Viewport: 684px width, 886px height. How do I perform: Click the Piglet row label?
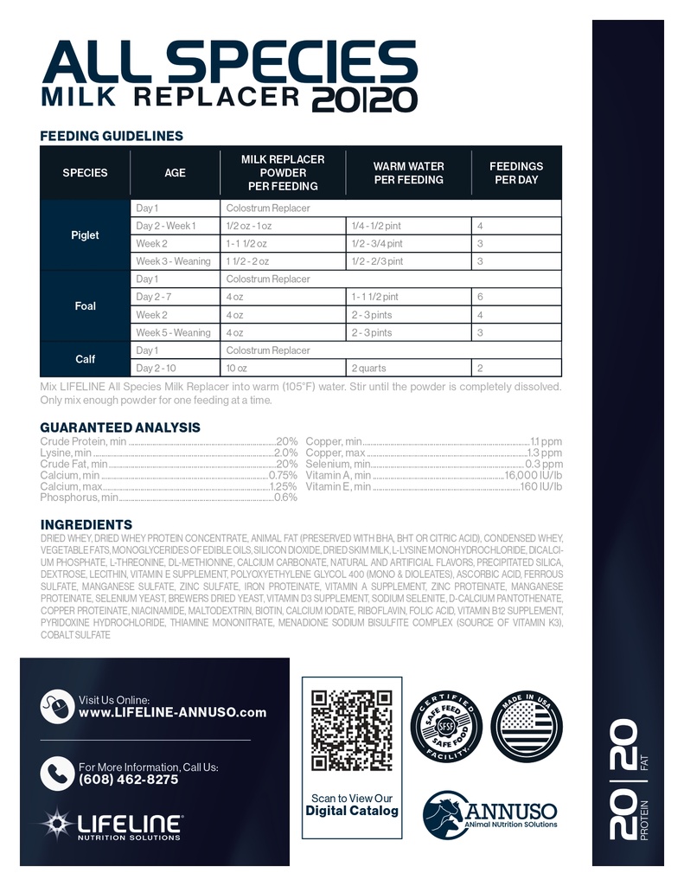click(85, 235)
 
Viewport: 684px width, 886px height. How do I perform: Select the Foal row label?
click(85, 306)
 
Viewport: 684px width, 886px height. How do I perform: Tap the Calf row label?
click(85, 359)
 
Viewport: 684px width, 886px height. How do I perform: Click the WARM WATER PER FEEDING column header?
click(408, 173)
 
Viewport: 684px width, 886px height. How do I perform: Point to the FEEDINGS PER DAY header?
click(516, 173)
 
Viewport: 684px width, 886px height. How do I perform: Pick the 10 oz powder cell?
click(235, 368)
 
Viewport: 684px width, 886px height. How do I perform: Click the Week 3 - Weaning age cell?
click(173, 261)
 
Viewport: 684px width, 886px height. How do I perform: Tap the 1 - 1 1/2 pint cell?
click(376, 297)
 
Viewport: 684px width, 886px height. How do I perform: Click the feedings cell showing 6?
click(481, 297)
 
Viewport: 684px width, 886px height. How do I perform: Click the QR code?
click(351, 730)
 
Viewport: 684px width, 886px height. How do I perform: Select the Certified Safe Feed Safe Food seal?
click(446, 725)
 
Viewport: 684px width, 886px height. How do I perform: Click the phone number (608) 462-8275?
click(128, 780)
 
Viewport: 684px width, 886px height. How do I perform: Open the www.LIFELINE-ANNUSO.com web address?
click(172, 713)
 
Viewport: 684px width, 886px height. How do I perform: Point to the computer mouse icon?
click(57, 706)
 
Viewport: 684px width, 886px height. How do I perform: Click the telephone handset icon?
click(57, 773)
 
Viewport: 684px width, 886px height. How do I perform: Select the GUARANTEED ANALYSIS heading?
click(120, 427)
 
